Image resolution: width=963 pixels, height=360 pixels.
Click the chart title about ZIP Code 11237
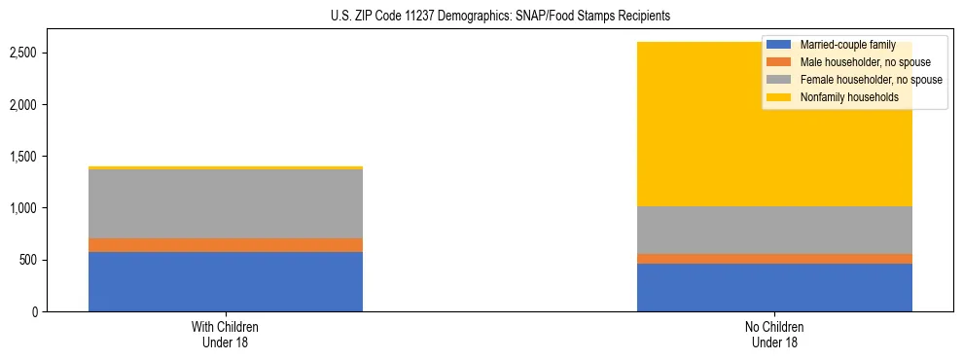pyautogui.click(x=482, y=17)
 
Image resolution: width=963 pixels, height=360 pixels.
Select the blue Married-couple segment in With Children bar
pyautogui.click(x=226, y=281)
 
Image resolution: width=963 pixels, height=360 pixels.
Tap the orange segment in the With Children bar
pyautogui.click(x=226, y=245)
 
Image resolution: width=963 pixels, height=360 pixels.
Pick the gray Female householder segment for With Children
pyautogui.click(x=226, y=203)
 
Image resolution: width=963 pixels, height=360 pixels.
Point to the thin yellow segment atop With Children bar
pyautogui.click(x=226, y=167)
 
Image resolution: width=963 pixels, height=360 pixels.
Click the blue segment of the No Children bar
pyautogui.click(x=774, y=287)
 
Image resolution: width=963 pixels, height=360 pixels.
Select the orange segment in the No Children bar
pyautogui.click(x=774, y=259)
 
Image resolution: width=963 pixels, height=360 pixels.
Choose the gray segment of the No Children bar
pyautogui.click(x=774, y=230)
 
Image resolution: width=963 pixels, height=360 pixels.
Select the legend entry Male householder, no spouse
pyautogui.click(x=856, y=62)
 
